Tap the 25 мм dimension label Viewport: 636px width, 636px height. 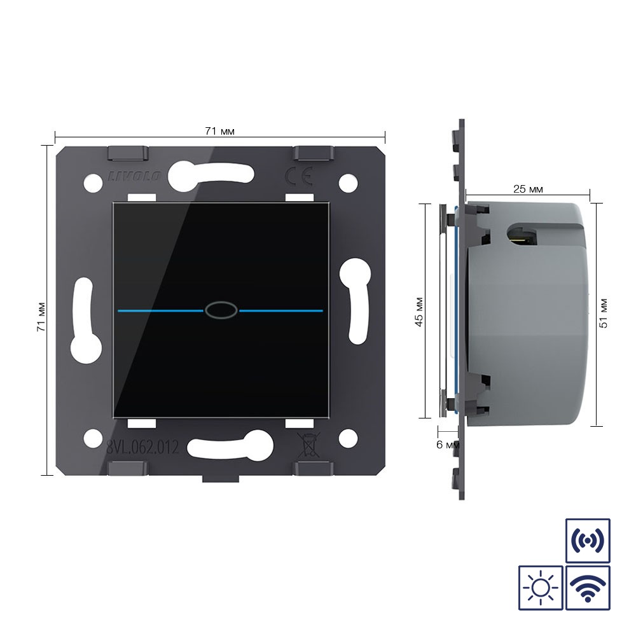[528, 189]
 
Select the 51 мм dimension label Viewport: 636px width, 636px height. [604, 314]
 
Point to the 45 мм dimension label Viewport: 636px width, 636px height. [419, 312]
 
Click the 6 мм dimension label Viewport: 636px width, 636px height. [448, 445]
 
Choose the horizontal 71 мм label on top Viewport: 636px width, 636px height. [219, 131]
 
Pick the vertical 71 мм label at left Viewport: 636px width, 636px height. [41, 317]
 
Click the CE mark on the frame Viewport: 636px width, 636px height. [299, 176]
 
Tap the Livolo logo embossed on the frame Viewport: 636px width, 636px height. [134, 176]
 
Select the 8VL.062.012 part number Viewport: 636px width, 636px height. [142, 447]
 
